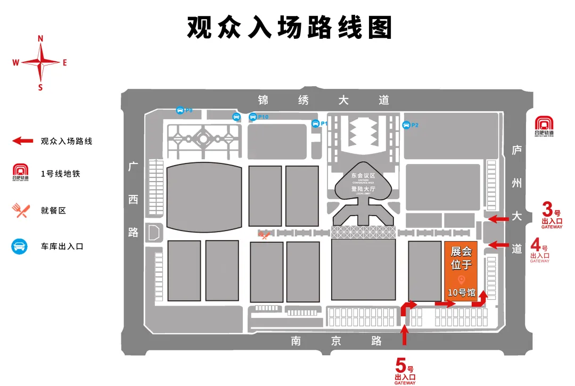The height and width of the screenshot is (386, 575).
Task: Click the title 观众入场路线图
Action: coord(289,27)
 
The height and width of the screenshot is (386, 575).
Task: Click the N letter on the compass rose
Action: coord(40,38)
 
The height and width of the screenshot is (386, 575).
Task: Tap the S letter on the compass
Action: coord(40,88)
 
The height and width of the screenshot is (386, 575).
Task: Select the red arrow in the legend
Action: coord(23,141)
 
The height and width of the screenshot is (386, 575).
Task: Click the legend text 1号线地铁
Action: coord(60,174)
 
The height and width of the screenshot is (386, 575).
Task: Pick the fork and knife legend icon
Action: coord(20,210)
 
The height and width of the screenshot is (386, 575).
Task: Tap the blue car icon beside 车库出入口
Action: coord(20,247)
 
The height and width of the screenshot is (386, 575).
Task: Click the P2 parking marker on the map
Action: coord(410,125)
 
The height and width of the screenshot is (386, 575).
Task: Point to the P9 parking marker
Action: coord(184,110)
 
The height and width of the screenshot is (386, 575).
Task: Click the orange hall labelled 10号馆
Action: coord(461,272)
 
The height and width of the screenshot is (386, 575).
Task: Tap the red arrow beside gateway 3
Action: coord(498,218)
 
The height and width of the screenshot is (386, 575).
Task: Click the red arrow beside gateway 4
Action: coord(498,245)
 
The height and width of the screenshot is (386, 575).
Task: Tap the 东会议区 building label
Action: coord(363,175)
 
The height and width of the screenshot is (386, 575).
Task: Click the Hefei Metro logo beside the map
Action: coord(544,126)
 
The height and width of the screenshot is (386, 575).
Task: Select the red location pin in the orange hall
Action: coord(461,280)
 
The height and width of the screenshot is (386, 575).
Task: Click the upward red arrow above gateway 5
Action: coord(405,334)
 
